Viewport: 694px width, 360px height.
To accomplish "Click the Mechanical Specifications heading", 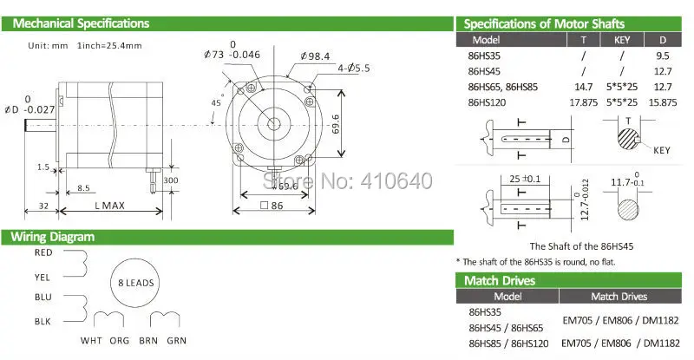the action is (81, 23).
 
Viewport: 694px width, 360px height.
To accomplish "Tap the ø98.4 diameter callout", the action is (315, 56).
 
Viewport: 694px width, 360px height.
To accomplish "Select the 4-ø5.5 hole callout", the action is (353, 69).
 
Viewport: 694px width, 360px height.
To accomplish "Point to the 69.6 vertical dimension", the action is (336, 124).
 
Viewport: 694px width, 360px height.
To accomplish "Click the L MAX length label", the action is (110, 206).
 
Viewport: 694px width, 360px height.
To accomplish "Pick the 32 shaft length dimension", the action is (43, 206).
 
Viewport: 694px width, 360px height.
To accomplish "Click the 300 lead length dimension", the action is (171, 180).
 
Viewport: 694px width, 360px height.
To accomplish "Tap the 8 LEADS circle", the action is (135, 284).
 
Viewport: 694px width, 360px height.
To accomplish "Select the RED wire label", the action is (43, 252).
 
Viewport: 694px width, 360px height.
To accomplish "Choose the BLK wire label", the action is (43, 322).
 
